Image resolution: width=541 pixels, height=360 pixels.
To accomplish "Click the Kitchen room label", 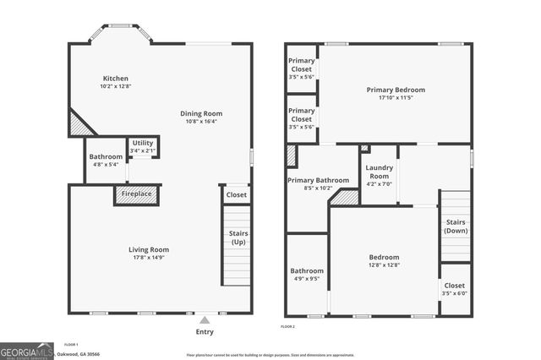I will (x=115, y=79).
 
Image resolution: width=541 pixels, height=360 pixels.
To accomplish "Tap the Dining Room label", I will (x=201, y=113).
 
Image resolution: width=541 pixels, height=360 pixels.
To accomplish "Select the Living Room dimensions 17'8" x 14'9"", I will (x=149, y=257).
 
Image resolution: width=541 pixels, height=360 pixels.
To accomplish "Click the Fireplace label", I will (x=136, y=195).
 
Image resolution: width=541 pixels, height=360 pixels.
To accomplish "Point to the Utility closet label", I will (x=140, y=144).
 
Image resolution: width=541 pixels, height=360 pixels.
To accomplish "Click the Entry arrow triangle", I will (x=204, y=320).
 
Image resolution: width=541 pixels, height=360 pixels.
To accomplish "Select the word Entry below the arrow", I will (x=205, y=332).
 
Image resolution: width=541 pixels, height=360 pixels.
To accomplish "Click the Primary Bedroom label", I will (x=396, y=90).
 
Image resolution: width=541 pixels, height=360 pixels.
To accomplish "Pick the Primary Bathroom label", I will (x=318, y=180).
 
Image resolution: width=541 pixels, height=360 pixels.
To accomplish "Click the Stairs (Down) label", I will (x=456, y=226).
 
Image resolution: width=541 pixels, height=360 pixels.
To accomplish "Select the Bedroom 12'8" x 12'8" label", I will (x=384, y=258).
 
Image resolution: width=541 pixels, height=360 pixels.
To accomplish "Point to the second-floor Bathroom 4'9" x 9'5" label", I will (x=306, y=271).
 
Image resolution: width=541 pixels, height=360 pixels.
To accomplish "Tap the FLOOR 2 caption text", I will (x=288, y=326).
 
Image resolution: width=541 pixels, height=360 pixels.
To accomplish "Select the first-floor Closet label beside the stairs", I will (x=236, y=195).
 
